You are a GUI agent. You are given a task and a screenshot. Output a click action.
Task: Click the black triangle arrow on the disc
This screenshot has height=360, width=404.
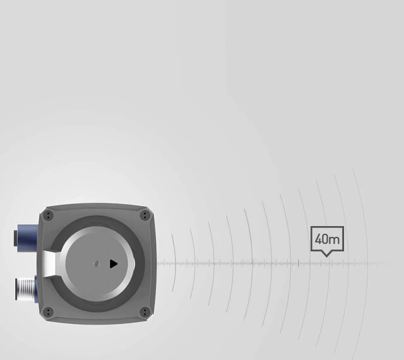114,263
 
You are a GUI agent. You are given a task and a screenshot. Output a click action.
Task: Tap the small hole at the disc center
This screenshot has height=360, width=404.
96,263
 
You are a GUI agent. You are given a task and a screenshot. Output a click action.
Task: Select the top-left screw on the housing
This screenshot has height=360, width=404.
49,216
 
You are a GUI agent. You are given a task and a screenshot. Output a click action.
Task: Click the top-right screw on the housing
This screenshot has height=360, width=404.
145,216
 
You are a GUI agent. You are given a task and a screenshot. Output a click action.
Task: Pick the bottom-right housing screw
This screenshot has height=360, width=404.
145,311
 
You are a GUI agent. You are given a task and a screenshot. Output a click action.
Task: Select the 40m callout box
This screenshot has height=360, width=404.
327,239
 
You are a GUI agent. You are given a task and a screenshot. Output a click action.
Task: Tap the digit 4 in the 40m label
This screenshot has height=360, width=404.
318,239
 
